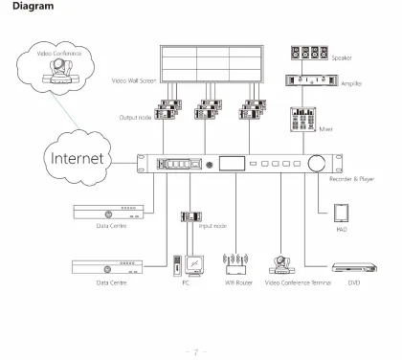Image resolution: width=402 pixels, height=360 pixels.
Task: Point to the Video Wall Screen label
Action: point(134,80)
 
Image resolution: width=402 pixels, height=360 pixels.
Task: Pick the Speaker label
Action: point(341,57)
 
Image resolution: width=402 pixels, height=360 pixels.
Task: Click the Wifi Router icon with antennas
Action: point(235,262)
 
